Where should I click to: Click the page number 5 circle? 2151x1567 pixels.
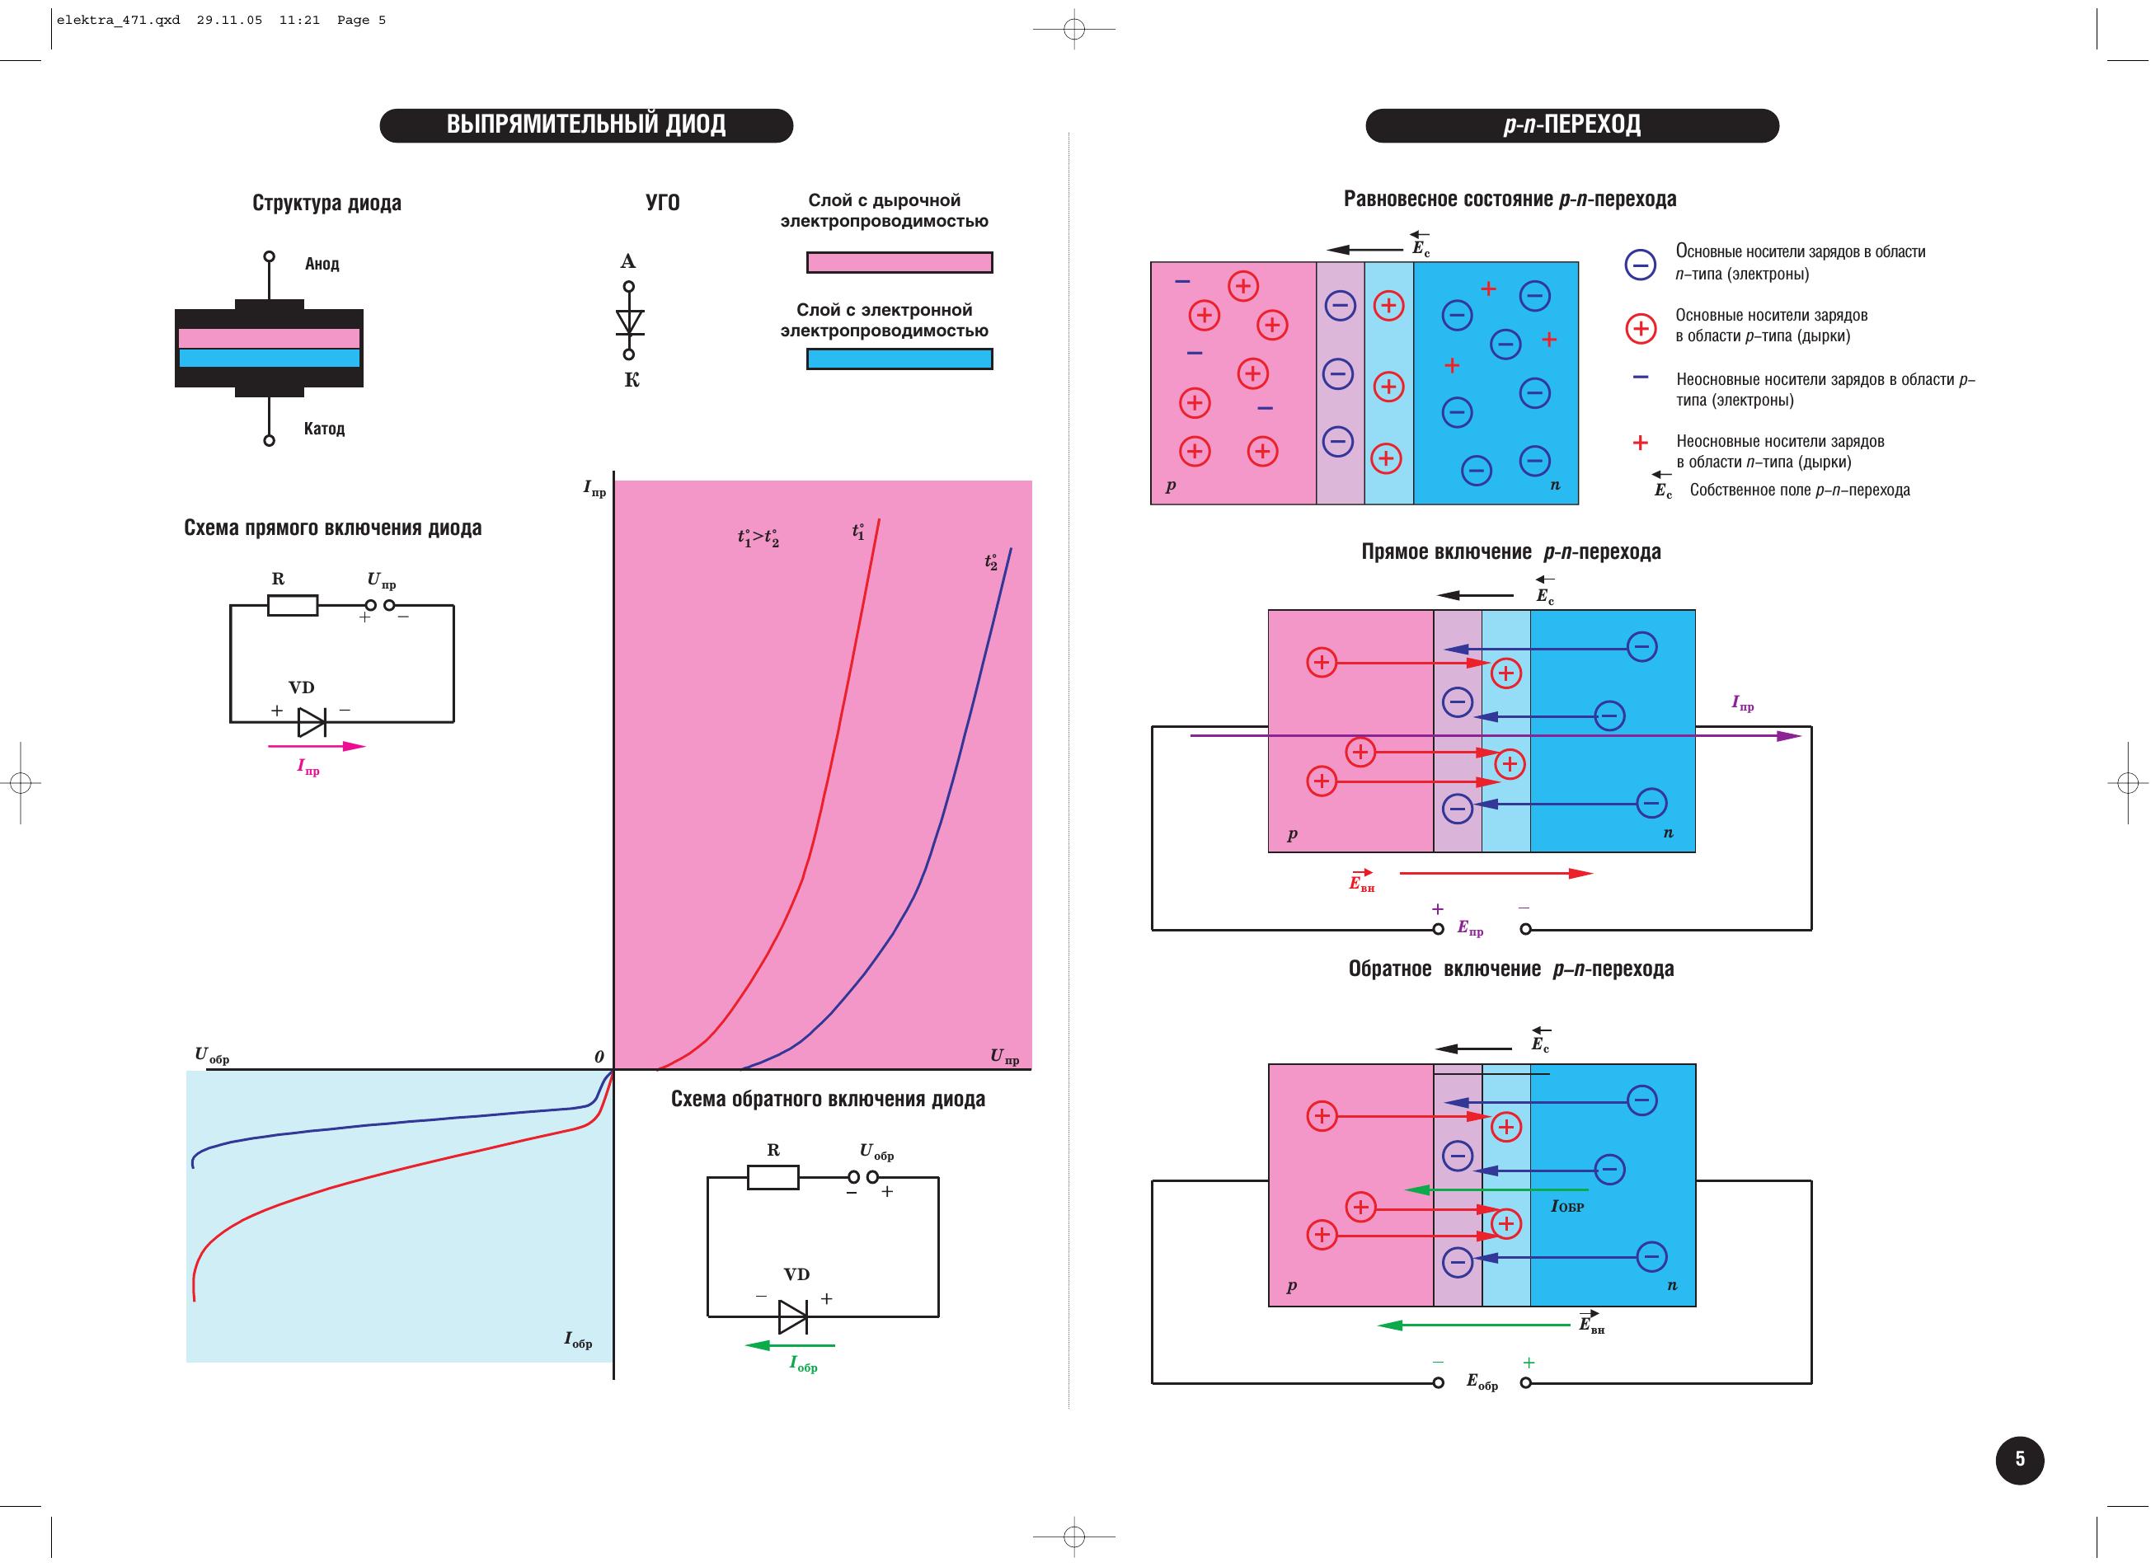pos(2020,1459)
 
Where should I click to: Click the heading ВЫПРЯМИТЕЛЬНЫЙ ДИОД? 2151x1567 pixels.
pos(586,125)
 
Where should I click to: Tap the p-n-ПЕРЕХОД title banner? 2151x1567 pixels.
pos(1572,125)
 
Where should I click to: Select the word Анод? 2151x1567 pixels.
pos(322,264)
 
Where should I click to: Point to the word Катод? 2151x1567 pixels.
pos(325,429)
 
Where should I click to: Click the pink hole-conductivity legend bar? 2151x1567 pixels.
pos(899,263)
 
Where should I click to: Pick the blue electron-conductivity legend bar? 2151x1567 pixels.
pos(899,359)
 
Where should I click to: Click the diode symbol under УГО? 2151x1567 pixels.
pos(629,321)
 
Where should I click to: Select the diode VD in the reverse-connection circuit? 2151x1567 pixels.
pos(793,1316)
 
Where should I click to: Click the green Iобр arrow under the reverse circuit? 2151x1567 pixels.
pos(790,1345)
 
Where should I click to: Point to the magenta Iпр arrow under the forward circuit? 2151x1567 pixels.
pos(317,747)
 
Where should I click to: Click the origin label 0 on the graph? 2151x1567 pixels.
pos(599,1057)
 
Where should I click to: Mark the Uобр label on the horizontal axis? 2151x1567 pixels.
pos(212,1055)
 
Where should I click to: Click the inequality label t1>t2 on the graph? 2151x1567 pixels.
pos(758,537)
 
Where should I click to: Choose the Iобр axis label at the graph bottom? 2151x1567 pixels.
pos(578,1339)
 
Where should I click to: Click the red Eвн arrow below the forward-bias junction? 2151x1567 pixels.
pos(1496,874)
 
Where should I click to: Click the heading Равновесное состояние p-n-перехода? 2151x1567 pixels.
pos(1510,199)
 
